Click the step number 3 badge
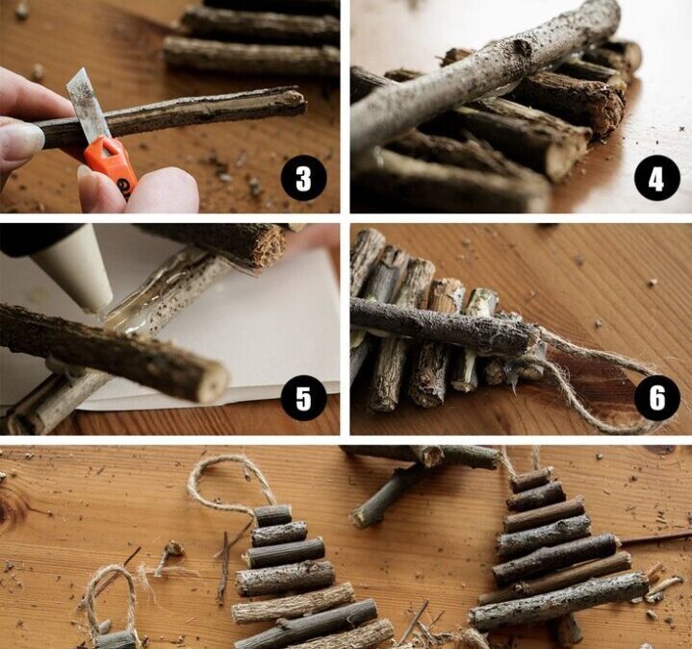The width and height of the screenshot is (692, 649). click(303, 179)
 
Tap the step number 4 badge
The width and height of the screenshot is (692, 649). click(656, 179)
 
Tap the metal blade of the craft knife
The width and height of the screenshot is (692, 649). click(88, 107)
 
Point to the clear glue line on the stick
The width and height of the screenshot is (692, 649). click(164, 293)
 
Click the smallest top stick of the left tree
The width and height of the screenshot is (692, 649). click(273, 515)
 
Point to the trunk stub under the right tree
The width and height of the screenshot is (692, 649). click(567, 631)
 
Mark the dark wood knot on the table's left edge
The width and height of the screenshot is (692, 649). click(12, 505)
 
